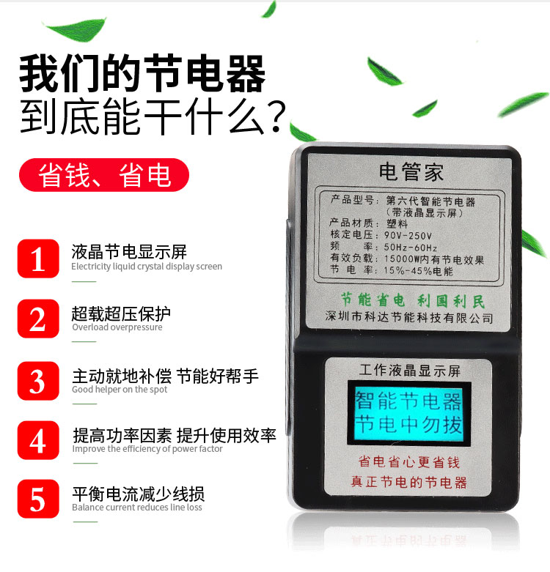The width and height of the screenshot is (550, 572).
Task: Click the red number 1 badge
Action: pyautogui.click(x=38, y=259)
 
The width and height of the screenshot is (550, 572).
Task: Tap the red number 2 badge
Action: pyautogui.click(x=38, y=319)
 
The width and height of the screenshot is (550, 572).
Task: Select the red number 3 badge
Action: pyautogui.click(x=38, y=381)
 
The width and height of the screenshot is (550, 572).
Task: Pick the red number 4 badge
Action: pyautogui.click(x=38, y=440)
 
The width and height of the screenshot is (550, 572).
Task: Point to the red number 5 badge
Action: pyautogui.click(x=38, y=499)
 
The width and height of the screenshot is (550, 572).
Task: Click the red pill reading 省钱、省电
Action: pyautogui.click(x=104, y=175)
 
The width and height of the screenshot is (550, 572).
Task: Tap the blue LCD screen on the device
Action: pyautogui.click(x=409, y=413)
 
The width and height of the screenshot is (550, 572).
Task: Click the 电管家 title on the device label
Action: pyautogui.click(x=411, y=172)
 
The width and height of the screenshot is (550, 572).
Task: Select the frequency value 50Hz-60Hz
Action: pyautogui.click(x=411, y=248)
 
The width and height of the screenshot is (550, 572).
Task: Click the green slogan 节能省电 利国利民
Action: pyautogui.click(x=413, y=300)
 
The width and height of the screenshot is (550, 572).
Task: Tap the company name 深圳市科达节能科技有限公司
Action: pyautogui.click(x=409, y=317)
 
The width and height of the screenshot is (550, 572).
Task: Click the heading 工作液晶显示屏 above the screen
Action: pyautogui.click(x=410, y=371)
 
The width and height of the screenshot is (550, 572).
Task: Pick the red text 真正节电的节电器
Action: pyautogui.click(x=409, y=482)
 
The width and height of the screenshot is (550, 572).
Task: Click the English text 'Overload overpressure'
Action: pyautogui.click(x=117, y=327)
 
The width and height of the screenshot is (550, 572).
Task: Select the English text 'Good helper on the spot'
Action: pyautogui.click(x=120, y=390)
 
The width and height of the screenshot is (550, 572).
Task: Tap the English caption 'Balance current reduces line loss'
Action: pyautogui.click(x=137, y=508)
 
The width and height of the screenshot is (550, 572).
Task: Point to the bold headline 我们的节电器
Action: pyautogui.click(x=142, y=73)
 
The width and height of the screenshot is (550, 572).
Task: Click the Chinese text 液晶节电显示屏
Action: pyautogui.click(x=129, y=252)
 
